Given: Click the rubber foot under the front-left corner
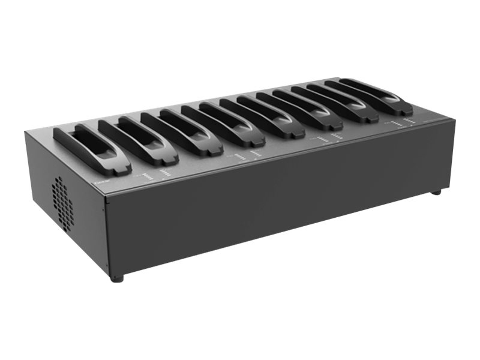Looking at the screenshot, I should tap(118, 278).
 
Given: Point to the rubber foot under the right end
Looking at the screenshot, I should tap(436, 192).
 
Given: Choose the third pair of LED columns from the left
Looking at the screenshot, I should tap(329, 139).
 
